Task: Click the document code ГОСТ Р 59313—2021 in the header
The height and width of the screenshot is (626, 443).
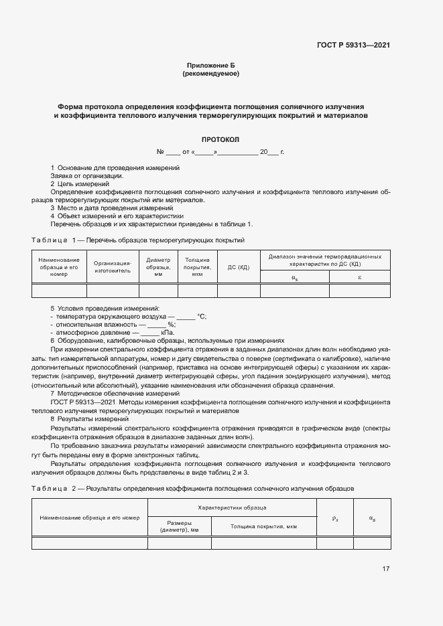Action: [353, 46]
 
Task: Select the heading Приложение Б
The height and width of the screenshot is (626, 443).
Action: [210, 65]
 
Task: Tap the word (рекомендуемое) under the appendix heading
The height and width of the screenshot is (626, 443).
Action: [210, 74]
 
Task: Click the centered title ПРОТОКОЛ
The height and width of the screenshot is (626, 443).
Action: [220, 140]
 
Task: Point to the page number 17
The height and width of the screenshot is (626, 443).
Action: [385, 569]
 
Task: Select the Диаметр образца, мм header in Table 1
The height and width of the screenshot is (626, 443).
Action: [158, 267]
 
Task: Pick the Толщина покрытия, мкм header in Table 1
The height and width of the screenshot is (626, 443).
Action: [197, 267]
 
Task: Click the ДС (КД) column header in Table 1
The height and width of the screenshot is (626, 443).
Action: [239, 267]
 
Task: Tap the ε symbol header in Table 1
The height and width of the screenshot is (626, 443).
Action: [360, 277]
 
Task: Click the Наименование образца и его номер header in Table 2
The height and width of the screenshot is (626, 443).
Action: [90, 518]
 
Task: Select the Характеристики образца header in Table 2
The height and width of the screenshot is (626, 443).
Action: [232, 508]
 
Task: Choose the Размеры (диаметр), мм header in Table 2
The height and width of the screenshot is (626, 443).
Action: [179, 527]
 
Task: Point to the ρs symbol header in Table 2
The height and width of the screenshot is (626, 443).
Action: [335, 518]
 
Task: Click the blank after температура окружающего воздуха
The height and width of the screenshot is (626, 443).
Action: [186, 316]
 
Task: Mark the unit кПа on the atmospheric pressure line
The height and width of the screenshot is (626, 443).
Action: [168, 332]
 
